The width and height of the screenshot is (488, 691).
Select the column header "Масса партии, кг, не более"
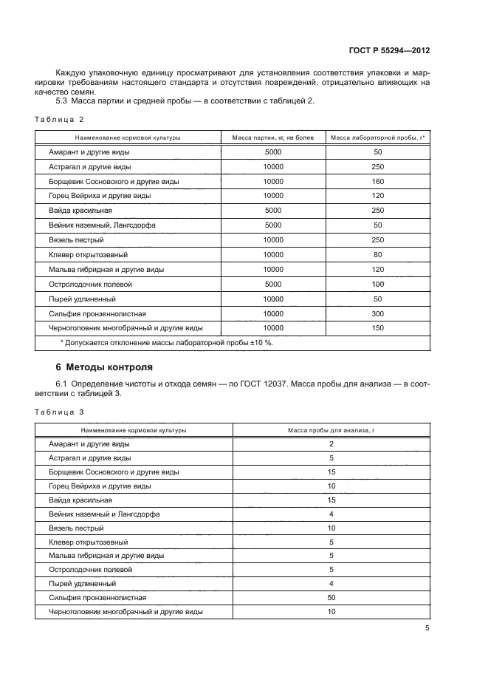pyautogui.click(x=273, y=137)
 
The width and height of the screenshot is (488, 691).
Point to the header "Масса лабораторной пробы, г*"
pyautogui.click(x=377, y=137)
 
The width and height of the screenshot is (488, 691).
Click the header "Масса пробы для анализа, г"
pyautogui.click(x=331, y=429)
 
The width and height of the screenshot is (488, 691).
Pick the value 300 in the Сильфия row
pyautogui.click(x=377, y=313)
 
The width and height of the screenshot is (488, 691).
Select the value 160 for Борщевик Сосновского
pyautogui.click(x=377, y=181)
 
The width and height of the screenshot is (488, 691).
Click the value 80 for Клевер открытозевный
pyautogui.click(x=377, y=254)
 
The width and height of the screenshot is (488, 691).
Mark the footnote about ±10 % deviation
pyautogui.click(x=166, y=342)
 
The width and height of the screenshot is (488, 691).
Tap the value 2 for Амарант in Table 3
pyautogui.click(x=331, y=443)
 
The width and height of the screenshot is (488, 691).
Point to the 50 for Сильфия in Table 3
pyautogui.click(x=331, y=598)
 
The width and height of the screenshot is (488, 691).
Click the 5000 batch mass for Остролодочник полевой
pyautogui.click(x=273, y=284)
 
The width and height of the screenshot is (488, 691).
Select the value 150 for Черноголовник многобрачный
pyautogui.click(x=377, y=327)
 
